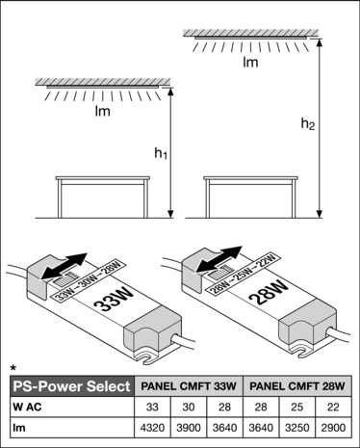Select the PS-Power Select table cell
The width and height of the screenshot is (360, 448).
(70, 386)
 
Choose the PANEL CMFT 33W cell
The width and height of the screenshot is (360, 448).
(188, 386)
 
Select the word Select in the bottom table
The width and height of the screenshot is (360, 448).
(107, 386)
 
